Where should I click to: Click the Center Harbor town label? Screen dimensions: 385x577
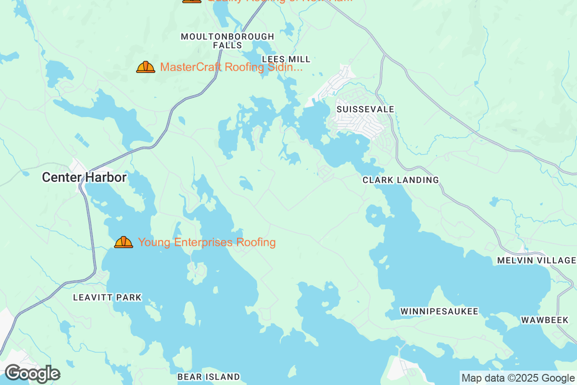84,178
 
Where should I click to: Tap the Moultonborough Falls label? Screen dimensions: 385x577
227,41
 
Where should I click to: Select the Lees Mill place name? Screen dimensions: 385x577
286,59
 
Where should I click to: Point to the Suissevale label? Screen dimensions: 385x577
365,109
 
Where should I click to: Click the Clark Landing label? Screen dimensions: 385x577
401,180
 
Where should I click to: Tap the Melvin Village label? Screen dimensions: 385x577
537,260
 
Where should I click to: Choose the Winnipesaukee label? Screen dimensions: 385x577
439,311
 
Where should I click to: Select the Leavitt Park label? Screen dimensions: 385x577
107,297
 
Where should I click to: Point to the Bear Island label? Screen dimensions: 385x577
208,376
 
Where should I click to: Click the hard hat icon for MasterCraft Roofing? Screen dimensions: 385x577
145,67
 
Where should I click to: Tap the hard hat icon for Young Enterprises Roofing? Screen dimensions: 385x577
124,242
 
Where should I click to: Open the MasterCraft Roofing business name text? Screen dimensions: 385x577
231,67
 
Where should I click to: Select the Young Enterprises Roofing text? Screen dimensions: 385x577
207,242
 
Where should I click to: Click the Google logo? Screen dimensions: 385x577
32,373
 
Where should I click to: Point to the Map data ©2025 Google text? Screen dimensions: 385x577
518,378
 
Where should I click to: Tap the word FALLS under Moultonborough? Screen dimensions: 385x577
227,45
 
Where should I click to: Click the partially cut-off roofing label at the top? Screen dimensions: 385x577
279,1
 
